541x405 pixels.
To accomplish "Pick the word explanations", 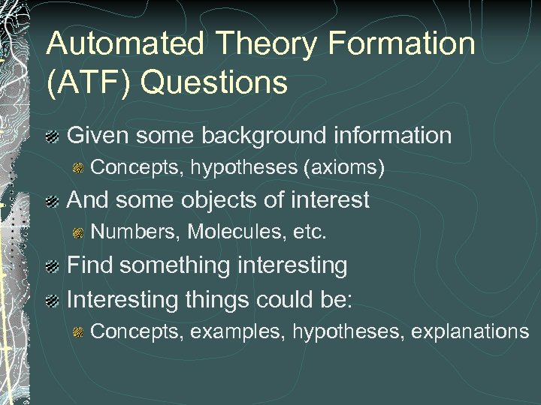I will click(x=468, y=331).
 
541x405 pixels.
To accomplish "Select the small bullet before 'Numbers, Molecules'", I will click(x=78, y=234).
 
